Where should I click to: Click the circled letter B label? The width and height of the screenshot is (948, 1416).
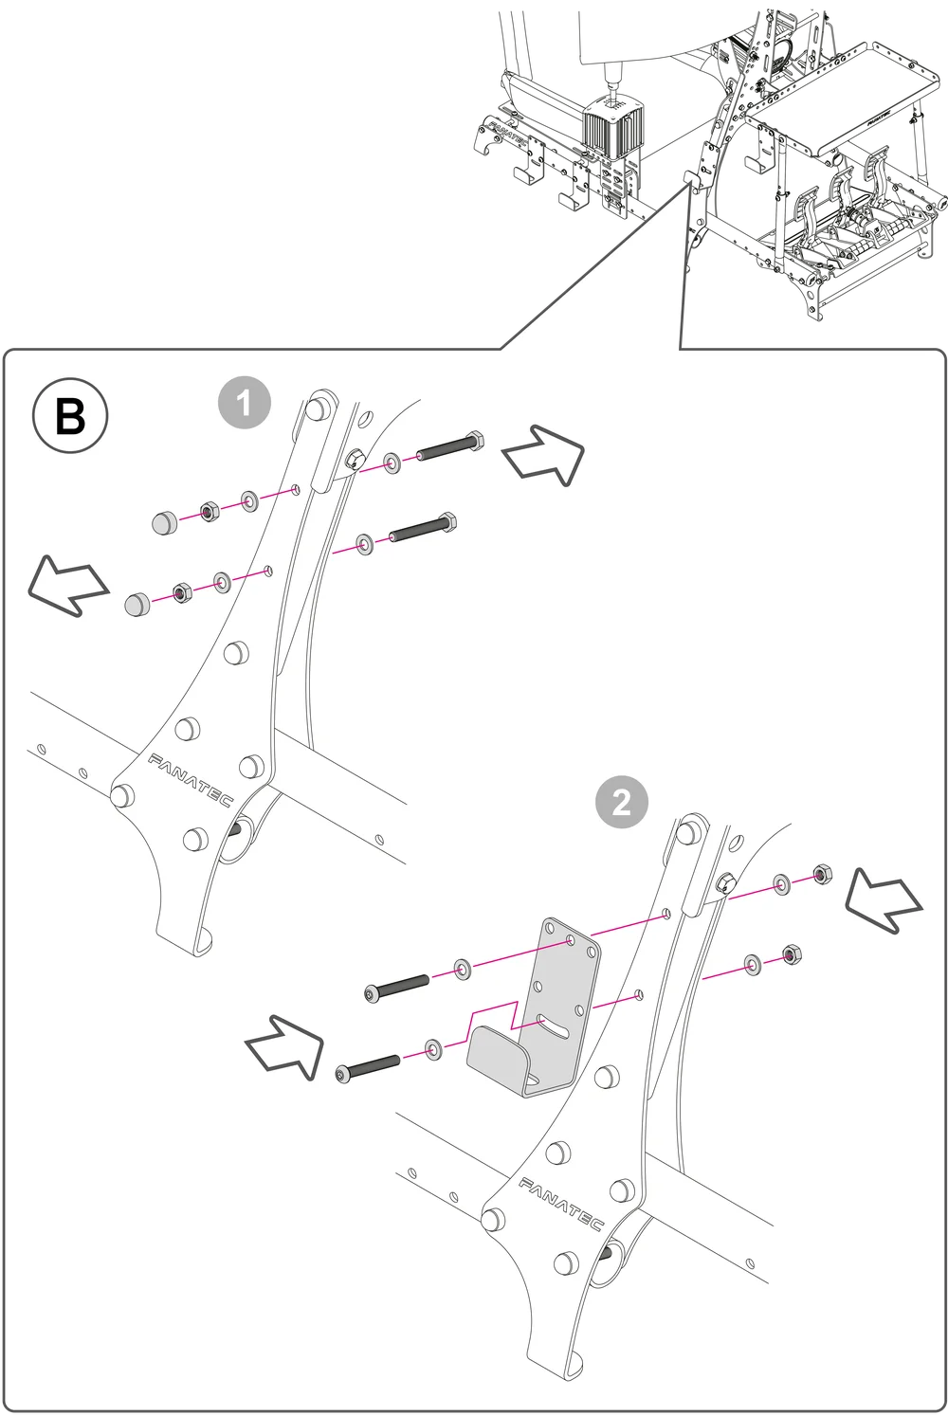[70, 416]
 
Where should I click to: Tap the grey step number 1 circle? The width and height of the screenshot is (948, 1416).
[245, 404]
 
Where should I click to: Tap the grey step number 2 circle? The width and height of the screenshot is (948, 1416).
[621, 804]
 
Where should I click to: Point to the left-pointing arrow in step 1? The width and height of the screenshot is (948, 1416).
[65, 587]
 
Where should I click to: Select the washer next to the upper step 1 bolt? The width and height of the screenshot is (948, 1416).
[391, 464]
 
